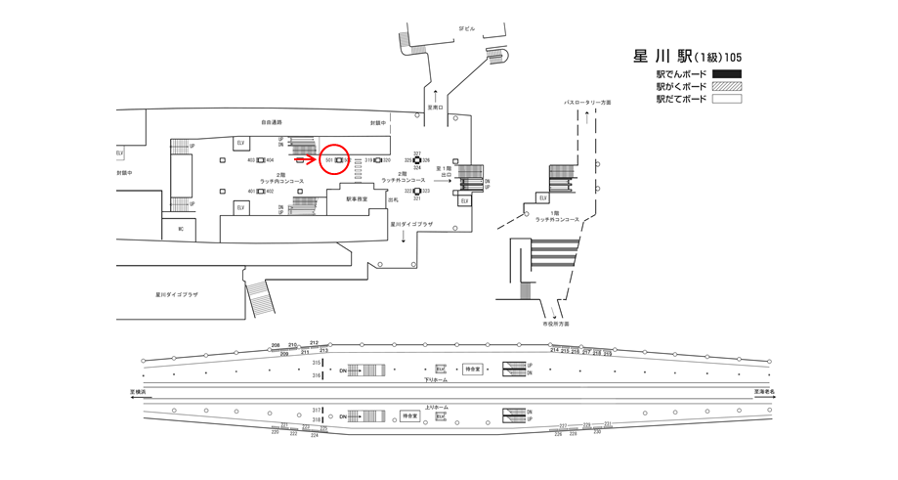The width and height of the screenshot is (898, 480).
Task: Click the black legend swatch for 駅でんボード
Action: tap(726, 73)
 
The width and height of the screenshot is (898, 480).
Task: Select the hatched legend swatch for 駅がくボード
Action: tap(726, 86)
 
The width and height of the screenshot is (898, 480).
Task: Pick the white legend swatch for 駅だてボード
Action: tap(726, 99)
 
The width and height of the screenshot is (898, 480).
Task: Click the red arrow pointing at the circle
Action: tap(304, 158)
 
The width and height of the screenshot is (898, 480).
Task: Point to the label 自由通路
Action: tap(271, 122)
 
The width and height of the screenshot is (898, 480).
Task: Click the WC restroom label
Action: tap(180, 228)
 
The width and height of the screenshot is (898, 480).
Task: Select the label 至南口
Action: tap(435, 108)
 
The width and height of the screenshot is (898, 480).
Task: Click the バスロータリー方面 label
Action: tap(586, 102)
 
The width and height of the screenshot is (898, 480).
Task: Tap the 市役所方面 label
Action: tap(555, 323)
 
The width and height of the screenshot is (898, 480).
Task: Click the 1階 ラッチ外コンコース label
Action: tap(557, 216)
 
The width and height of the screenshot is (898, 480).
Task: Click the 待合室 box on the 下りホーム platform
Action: tap(473, 370)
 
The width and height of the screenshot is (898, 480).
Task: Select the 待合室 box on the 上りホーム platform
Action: tap(409, 416)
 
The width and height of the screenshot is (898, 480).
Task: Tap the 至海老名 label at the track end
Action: tap(765, 392)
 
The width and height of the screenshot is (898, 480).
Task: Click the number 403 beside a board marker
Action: tap(251, 159)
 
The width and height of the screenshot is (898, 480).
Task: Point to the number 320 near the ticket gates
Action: tap(388, 159)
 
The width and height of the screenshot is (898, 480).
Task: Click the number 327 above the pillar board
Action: tap(417, 153)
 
